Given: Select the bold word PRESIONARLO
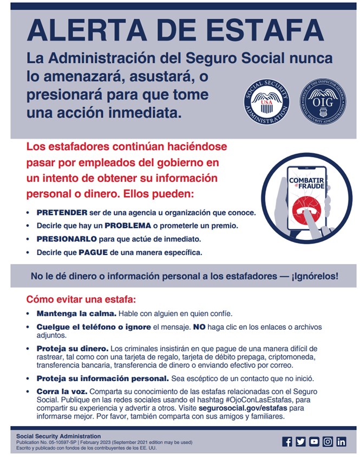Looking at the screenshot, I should (x=67, y=239).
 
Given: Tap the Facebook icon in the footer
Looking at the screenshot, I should (x=287, y=442).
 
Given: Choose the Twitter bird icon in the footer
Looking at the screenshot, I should (x=300, y=442).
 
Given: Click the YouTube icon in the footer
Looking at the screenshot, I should (x=314, y=442).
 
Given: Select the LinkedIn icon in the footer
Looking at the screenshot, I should (x=341, y=442).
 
